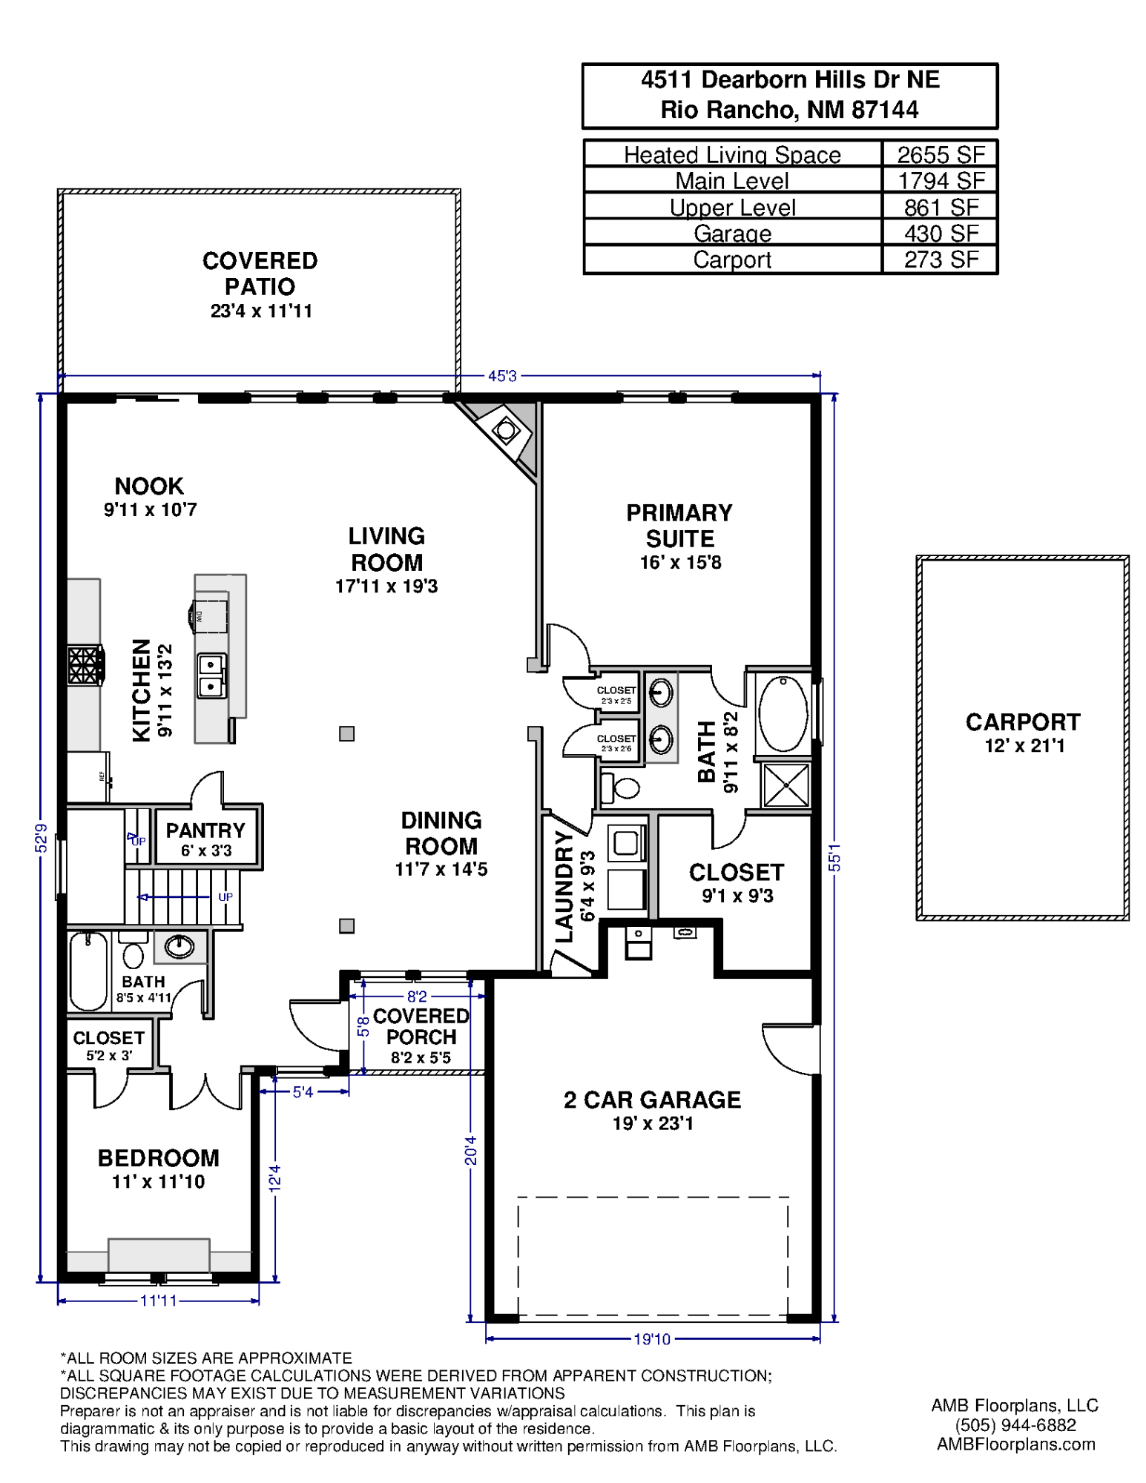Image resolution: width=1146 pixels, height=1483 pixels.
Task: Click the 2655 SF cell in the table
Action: [x=940, y=154]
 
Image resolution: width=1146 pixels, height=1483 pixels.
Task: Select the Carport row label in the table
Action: [x=731, y=260]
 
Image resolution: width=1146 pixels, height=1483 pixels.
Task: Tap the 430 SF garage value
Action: [x=940, y=234]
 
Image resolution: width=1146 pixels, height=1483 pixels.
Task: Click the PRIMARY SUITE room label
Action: [x=679, y=525]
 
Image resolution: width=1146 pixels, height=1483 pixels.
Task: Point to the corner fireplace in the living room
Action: [x=506, y=429]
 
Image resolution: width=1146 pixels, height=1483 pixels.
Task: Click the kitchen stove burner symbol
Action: [x=84, y=664]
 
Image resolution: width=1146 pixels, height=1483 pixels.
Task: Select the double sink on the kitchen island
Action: [x=211, y=676]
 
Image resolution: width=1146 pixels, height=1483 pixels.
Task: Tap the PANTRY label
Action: [x=205, y=830]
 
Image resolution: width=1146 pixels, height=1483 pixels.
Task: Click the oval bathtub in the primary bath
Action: [x=783, y=713]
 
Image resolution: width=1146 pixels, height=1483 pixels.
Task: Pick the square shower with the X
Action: [x=786, y=785]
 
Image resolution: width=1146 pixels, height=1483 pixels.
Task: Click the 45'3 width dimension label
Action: [x=502, y=376]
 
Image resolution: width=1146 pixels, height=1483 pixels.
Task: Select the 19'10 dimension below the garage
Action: [x=651, y=1338]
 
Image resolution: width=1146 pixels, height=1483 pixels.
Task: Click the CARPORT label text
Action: [x=1022, y=721]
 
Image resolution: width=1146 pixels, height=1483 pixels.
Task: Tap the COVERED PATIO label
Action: [x=260, y=274]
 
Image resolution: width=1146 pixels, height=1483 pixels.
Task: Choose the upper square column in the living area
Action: [x=346, y=733]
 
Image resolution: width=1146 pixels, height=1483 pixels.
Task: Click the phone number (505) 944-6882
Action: [x=1015, y=1424]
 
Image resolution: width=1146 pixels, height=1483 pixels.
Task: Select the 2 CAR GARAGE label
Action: [x=651, y=1099]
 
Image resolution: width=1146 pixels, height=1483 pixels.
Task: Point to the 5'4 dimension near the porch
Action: [x=303, y=1091]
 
